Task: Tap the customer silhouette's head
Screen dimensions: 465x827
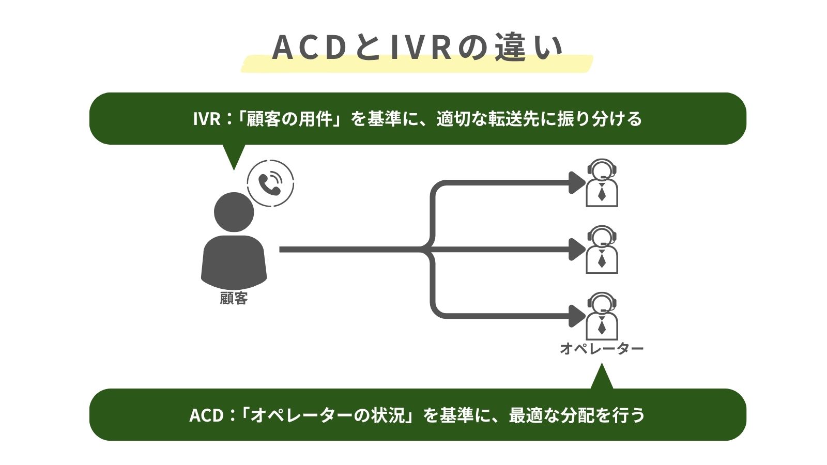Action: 234,212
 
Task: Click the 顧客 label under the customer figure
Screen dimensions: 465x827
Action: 234,298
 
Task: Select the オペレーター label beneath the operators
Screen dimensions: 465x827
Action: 602,349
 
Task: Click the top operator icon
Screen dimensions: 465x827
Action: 602,183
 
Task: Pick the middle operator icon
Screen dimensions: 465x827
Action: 602,250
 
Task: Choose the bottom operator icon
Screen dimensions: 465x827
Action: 602,316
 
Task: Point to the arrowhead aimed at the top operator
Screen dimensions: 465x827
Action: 576,182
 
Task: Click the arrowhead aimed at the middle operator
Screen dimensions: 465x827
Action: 576,249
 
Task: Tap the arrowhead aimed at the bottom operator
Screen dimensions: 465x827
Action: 576,316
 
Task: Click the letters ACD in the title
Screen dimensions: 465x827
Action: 309,48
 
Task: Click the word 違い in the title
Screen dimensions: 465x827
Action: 528,48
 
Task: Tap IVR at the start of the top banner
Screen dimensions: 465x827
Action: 207,119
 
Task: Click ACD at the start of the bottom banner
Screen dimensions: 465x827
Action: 206,415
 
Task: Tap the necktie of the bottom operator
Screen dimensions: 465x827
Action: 602,326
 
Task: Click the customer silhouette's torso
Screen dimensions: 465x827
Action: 234,261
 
